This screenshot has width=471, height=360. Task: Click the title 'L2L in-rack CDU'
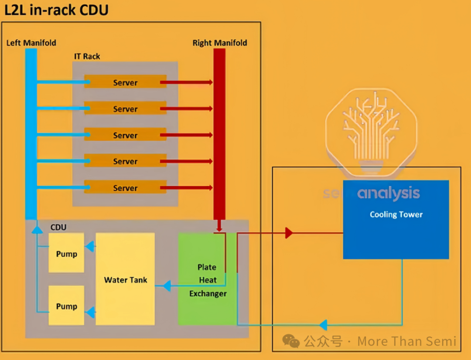pyautogui.click(x=56, y=10)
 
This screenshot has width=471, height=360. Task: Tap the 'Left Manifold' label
pyautogui.click(x=31, y=43)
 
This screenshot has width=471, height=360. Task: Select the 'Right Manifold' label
pyautogui.click(x=220, y=43)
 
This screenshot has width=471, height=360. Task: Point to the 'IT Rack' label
pyautogui.click(x=87, y=56)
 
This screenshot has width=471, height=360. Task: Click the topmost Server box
pyautogui.click(x=125, y=82)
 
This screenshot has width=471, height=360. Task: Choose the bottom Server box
pyautogui.click(x=125, y=188)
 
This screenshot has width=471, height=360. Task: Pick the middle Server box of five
pyautogui.click(x=125, y=135)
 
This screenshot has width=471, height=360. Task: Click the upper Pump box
pyautogui.click(x=66, y=253)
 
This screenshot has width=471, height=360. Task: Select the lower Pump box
pyautogui.click(x=66, y=306)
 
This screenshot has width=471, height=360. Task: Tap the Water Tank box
pyautogui.click(x=125, y=279)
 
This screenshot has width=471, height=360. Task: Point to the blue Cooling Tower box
pyautogui.click(x=396, y=219)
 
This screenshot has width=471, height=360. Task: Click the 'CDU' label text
pyautogui.click(x=58, y=228)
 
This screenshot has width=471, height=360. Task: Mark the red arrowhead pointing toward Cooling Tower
pyautogui.click(x=289, y=233)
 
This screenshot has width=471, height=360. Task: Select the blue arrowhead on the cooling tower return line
pyautogui.click(x=323, y=325)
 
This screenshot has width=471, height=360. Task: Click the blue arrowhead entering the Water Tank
pyautogui.click(x=166, y=286)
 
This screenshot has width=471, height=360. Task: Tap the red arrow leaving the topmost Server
pyautogui.click(x=187, y=82)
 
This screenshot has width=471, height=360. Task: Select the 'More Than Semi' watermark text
pyautogui.click(x=406, y=341)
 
